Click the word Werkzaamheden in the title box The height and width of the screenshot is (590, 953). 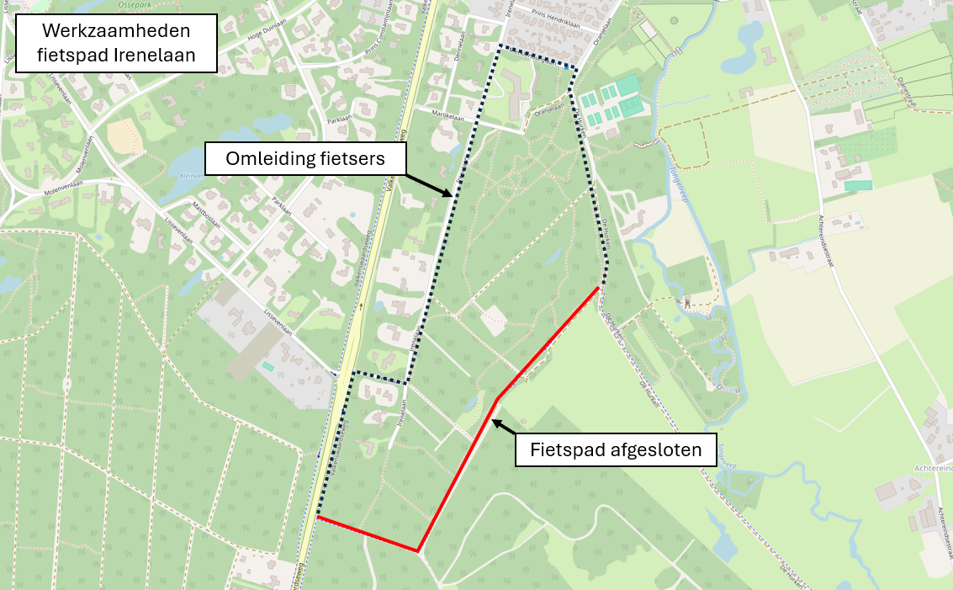coord(117,33)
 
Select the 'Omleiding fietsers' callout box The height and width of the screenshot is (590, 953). coord(306,158)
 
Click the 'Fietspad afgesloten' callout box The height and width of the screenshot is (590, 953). coord(615,449)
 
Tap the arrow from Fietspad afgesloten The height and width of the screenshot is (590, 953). coord(503,426)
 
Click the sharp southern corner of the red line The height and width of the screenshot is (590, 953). coord(418,551)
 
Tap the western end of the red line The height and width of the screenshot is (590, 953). coord(319,516)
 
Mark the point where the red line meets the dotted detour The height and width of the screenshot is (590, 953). coord(600,287)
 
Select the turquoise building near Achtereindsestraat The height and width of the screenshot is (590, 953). coord(857,185)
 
